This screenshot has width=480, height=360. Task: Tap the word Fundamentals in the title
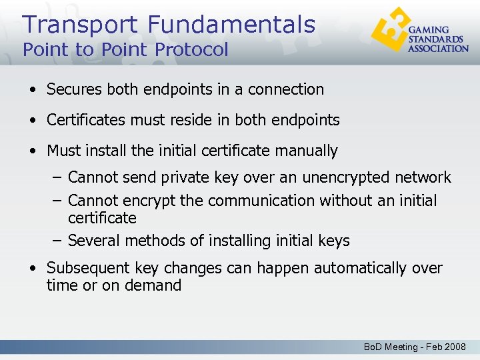pos(231,25)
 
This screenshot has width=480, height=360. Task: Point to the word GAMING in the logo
pos(428,30)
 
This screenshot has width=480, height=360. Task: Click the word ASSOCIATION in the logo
pos(438,48)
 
